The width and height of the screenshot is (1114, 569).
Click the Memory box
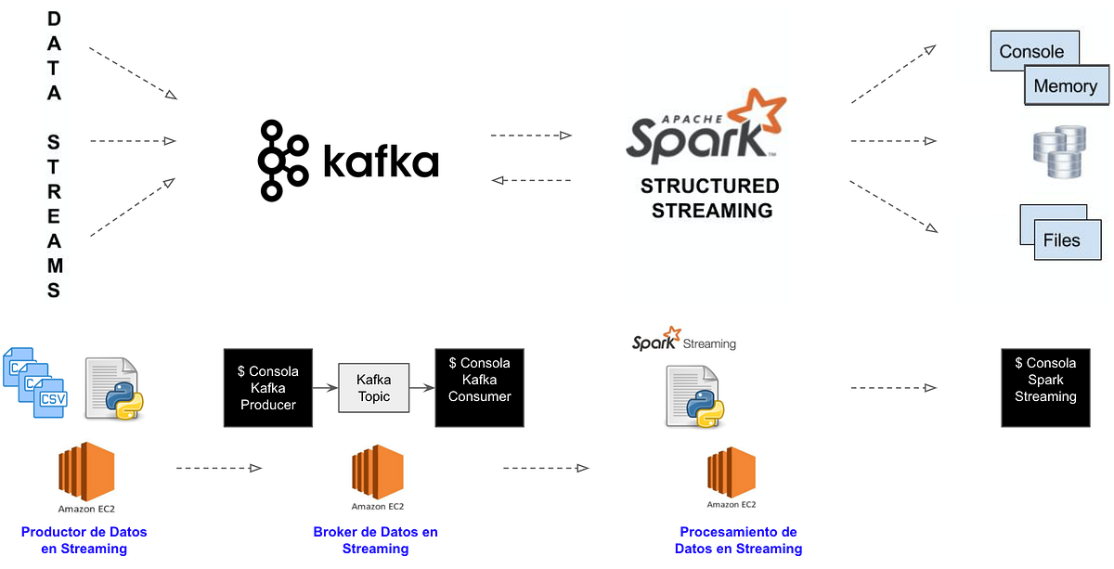[1065, 86]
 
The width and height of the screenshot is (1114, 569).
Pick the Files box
[1061, 239]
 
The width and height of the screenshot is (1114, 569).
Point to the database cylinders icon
[1058, 153]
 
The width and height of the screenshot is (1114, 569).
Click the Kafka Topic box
[373, 388]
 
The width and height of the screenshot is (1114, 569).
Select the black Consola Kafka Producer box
[268, 388]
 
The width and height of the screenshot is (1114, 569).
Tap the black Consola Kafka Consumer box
[479, 388]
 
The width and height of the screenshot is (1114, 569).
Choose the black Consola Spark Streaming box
[1045, 388]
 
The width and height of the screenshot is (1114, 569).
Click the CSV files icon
[33, 381]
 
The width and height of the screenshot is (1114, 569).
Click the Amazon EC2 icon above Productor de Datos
[86, 471]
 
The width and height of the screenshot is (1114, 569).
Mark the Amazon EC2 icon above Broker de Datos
[377, 472]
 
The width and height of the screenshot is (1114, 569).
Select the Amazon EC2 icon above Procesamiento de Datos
[732, 473]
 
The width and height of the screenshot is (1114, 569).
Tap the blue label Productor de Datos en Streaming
[84, 540]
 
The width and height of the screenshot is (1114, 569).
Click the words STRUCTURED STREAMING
[711, 199]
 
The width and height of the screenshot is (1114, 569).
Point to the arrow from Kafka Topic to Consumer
[421, 388]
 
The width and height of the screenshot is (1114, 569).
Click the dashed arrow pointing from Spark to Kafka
[530, 180]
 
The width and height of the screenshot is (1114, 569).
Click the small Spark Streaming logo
[684, 341]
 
